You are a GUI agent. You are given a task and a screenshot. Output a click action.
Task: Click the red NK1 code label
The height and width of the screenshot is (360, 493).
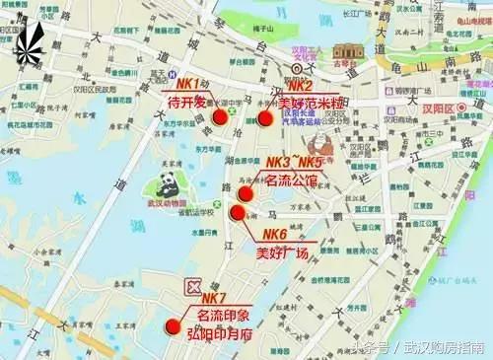(x=188, y=84)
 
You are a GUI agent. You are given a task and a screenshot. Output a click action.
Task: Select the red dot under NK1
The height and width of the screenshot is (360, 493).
(x=219, y=117)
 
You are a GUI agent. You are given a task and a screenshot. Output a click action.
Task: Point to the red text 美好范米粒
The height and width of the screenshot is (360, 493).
(x=311, y=103)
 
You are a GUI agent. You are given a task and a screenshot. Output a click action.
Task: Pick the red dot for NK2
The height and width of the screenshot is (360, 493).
(x=264, y=117)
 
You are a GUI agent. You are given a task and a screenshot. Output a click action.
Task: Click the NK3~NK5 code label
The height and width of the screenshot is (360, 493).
(x=294, y=162)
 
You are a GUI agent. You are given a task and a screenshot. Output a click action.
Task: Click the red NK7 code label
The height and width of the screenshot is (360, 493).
(x=214, y=299)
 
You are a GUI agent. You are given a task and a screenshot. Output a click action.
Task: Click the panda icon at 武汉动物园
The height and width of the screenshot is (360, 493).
(x=165, y=184)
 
